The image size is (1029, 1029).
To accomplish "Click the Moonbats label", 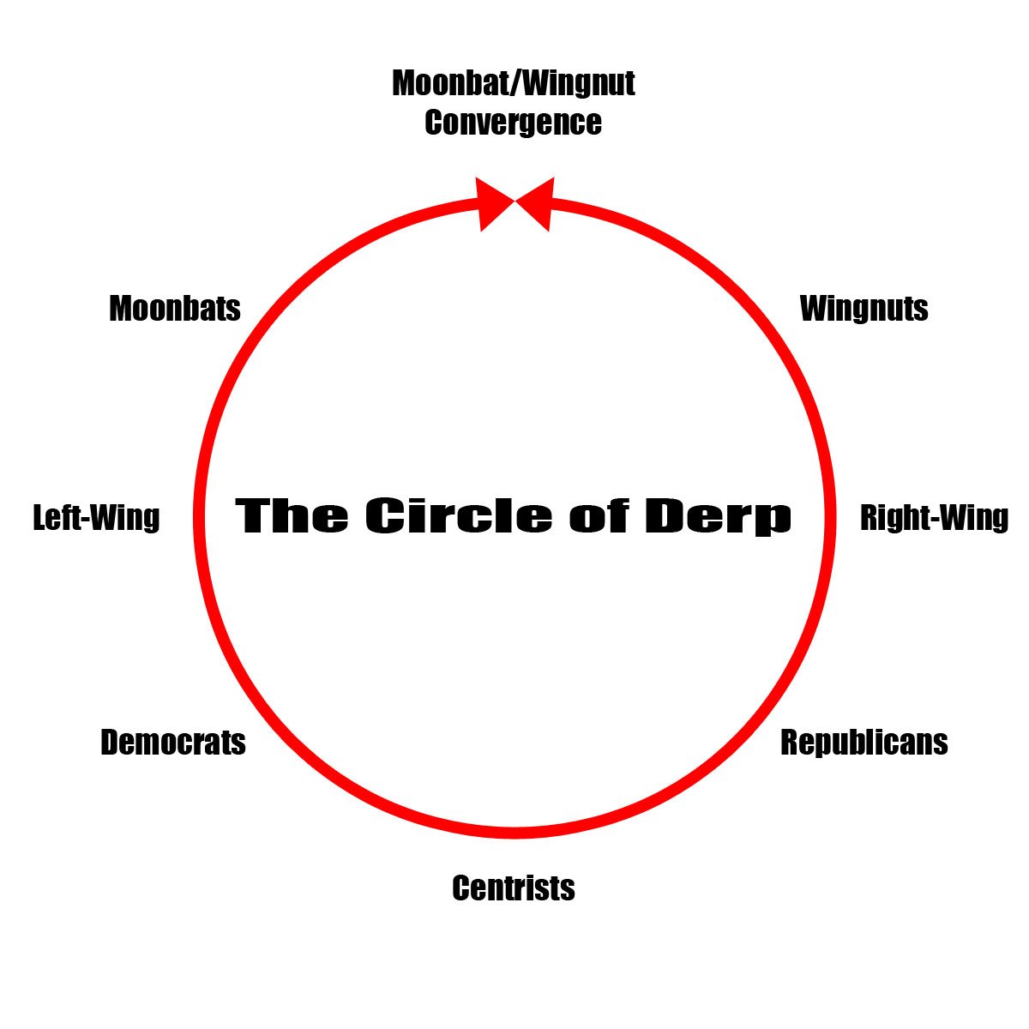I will coord(175,309).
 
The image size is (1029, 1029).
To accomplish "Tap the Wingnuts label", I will coord(864,309).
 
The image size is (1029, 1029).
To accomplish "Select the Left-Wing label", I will coord(96,518).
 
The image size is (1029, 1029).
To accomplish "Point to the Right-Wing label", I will coord(934,518).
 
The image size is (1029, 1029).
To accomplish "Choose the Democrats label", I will coord(173,743).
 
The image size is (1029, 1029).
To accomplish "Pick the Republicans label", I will coord(864,743).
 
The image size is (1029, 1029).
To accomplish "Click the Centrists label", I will coord(514,888).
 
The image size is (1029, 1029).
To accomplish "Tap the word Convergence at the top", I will coord(513,123).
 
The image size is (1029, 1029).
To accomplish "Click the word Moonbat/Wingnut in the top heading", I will coord(513,84).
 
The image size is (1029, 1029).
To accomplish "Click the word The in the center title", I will coord(292,516).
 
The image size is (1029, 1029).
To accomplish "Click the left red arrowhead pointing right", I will coord(491,204).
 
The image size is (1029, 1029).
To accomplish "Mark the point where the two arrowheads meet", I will coord(514,202).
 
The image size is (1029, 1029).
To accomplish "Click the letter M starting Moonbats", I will coord(120,309).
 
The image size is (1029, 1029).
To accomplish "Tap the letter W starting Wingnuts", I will coord(812,309).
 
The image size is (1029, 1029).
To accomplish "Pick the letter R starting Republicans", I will coord(790,743).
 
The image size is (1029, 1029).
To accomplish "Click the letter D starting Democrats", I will coord(110,743).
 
